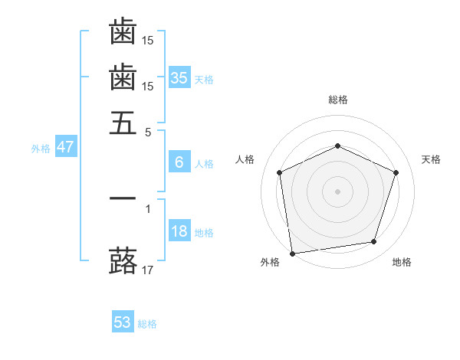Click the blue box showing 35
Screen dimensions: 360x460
point(179,77)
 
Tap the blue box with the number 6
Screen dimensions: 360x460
point(179,162)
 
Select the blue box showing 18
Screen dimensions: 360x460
point(179,231)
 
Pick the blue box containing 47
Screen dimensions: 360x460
point(65,147)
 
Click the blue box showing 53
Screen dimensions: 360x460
point(122,322)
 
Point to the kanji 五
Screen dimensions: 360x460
point(123,123)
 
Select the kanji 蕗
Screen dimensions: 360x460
point(123,260)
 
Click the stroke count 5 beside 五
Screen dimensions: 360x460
point(148,131)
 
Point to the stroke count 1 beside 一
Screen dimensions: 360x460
point(148,208)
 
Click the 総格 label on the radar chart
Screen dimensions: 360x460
point(337,100)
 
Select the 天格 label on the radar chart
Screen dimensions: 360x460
point(431,159)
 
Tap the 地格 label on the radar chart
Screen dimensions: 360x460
point(402,263)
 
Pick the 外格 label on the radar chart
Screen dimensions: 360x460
point(270,263)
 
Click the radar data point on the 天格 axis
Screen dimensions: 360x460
point(396,172)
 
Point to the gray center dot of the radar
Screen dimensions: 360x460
point(337,191)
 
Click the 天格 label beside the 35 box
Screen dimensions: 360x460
point(204,79)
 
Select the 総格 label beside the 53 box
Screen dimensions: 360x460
point(147,324)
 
